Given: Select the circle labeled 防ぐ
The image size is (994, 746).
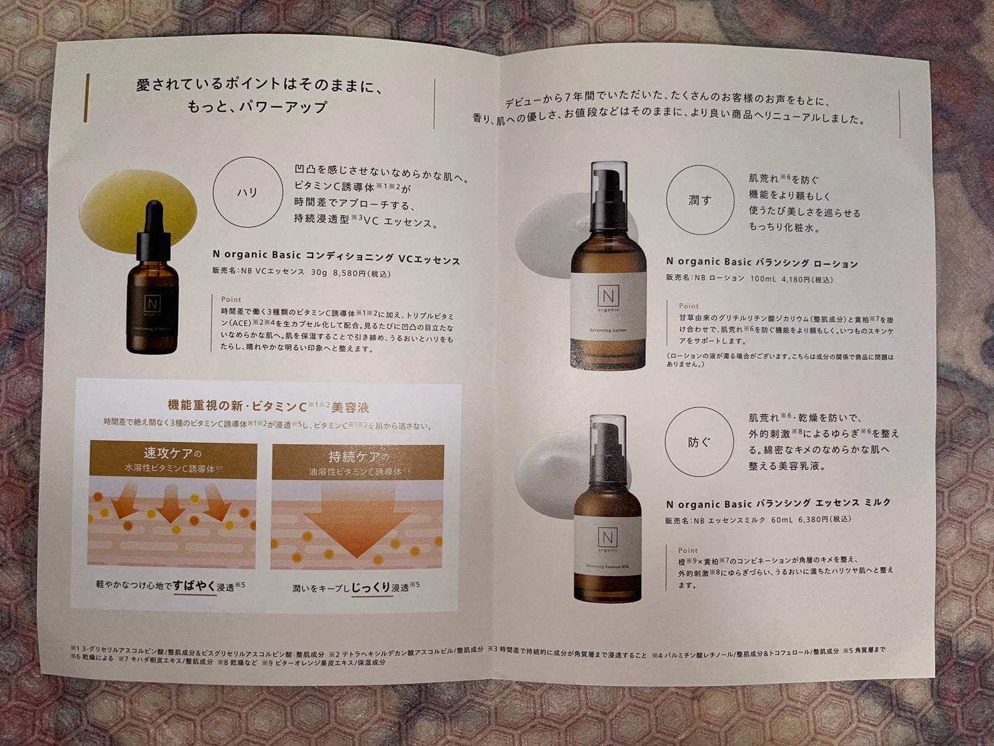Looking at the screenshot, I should [698, 442].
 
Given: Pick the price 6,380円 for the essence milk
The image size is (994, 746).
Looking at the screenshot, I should [813, 520].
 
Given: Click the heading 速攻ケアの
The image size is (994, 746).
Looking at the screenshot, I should [172, 452].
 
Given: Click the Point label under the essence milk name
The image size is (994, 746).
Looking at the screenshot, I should [688, 550].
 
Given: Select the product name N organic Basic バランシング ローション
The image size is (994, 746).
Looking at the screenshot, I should [761, 263].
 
